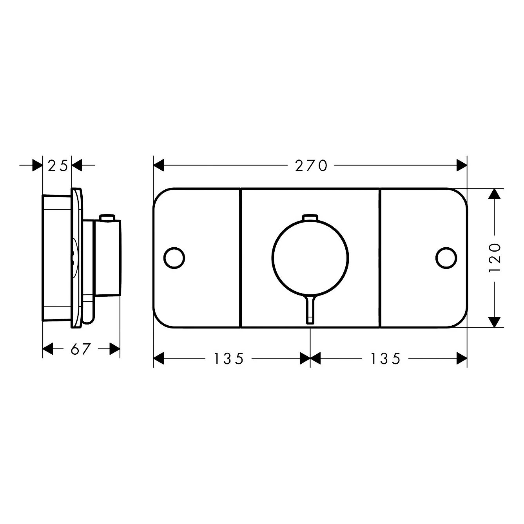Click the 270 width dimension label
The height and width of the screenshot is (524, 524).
(x=311, y=166)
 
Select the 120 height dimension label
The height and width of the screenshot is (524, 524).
(x=495, y=258)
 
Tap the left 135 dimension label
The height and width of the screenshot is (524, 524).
(x=229, y=358)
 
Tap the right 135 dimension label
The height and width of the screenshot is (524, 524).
(x=386, y=358)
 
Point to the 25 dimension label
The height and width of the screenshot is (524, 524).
(x=58, y=166)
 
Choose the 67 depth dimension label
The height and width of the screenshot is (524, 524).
(x=81, y=349)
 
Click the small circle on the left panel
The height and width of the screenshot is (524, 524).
(x=174, y=258)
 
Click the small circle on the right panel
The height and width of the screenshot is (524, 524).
(x=446, y=258)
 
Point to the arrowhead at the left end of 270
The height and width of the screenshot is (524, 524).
(x=158, y=166)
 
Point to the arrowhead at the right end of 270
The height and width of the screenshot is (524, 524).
(x=462, y=166)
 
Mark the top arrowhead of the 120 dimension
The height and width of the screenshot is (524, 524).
(x=495, y=194)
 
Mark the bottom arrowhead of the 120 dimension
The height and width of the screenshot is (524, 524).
(x=495, y=322)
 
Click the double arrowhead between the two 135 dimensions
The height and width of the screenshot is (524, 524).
(x=310, y=358)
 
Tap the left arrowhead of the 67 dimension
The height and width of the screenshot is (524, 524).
(x=47, y=349)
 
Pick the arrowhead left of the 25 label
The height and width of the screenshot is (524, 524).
(x=37, y=166)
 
